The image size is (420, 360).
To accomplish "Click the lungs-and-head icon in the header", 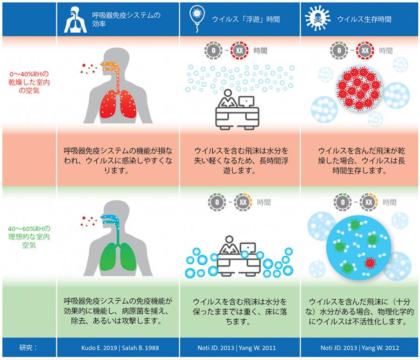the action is coord(75,20).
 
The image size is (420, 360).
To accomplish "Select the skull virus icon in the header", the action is coord(318,18).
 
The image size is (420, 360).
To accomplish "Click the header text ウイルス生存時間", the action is coord(364,19).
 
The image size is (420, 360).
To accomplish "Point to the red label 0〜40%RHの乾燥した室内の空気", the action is coord(29,82).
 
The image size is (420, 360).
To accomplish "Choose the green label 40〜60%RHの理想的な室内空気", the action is coord(29,237).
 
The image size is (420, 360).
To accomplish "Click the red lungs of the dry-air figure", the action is coord(118,104).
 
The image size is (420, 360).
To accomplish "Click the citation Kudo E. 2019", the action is coord(99,348).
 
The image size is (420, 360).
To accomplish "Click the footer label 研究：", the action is coord(28,348).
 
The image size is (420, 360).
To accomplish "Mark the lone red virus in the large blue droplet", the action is coord(370,263).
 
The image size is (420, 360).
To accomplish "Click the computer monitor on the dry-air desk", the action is coord(246,102).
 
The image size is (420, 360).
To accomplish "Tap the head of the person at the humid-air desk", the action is coord(229,240).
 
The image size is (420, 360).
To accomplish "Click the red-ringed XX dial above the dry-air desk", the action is coord(239,50).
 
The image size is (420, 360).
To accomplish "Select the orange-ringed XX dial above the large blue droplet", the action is coord(369,202).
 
